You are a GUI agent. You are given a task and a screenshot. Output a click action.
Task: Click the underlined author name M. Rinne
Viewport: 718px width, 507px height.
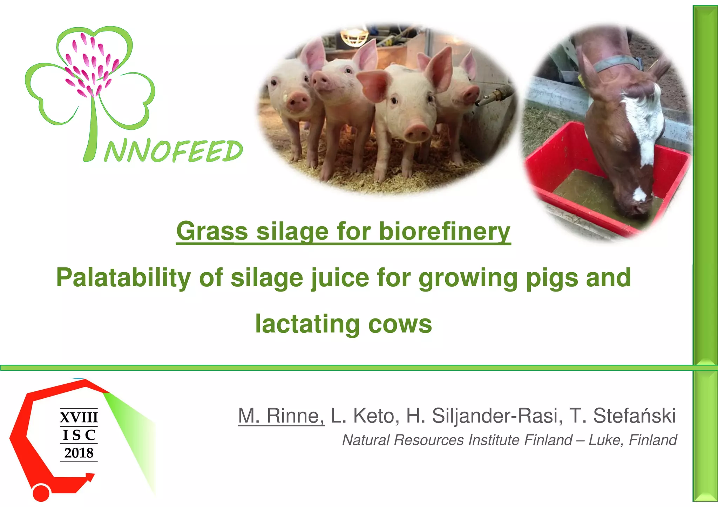click(x=281, y=416)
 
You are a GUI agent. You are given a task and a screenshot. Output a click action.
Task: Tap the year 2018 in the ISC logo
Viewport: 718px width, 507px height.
click(x=79, y=453)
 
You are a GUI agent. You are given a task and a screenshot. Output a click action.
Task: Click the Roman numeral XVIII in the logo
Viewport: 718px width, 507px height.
click(x=79, y=417)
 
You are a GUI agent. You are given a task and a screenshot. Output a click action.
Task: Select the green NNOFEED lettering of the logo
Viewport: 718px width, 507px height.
click(x=174, y=151)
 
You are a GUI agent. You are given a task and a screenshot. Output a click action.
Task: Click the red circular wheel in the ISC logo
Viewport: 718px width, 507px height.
click(x=41, y=492)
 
